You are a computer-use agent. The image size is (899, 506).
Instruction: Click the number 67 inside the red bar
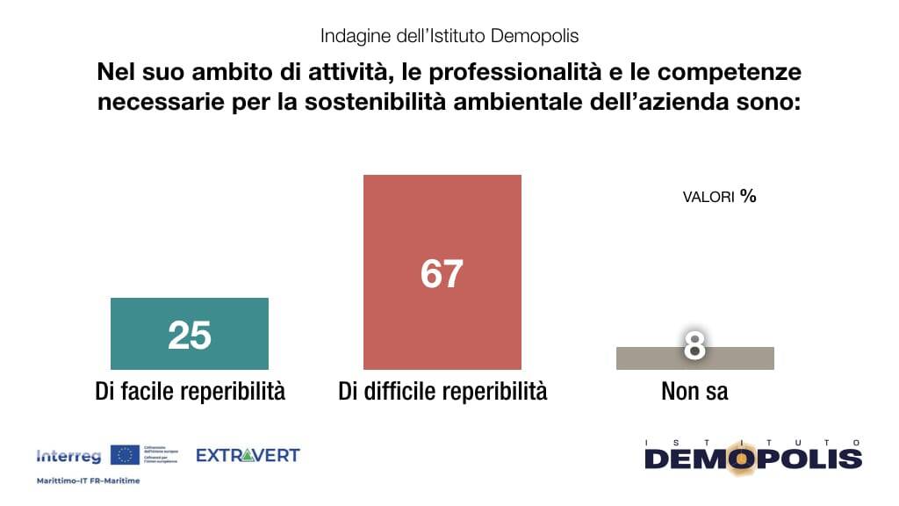click(x=442, y=274)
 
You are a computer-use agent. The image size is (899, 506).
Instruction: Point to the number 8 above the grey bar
click(x=694, y=346)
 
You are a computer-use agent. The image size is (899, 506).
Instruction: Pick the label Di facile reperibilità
click(x=190, y=391)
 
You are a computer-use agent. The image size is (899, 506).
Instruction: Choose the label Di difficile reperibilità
click(x=442, y=391)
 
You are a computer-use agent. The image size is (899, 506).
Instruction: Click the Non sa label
click(x=694, y=391)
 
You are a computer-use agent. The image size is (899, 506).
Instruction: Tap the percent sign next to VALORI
click(x=748, y=196)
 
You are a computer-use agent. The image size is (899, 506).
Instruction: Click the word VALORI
click(x=708, y=198)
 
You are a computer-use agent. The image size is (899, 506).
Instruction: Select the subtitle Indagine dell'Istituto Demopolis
click(x=449, y=36)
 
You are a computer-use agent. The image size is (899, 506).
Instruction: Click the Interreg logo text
click(x=68, y=456)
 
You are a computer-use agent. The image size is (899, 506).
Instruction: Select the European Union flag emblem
click(x=125, y=455)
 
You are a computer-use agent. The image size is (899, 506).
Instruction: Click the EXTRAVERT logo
click(x=247, y=455)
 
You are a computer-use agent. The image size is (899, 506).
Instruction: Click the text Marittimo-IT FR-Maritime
click(x=88, y=481)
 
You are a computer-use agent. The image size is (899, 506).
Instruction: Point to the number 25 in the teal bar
click(x=190, y=335)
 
